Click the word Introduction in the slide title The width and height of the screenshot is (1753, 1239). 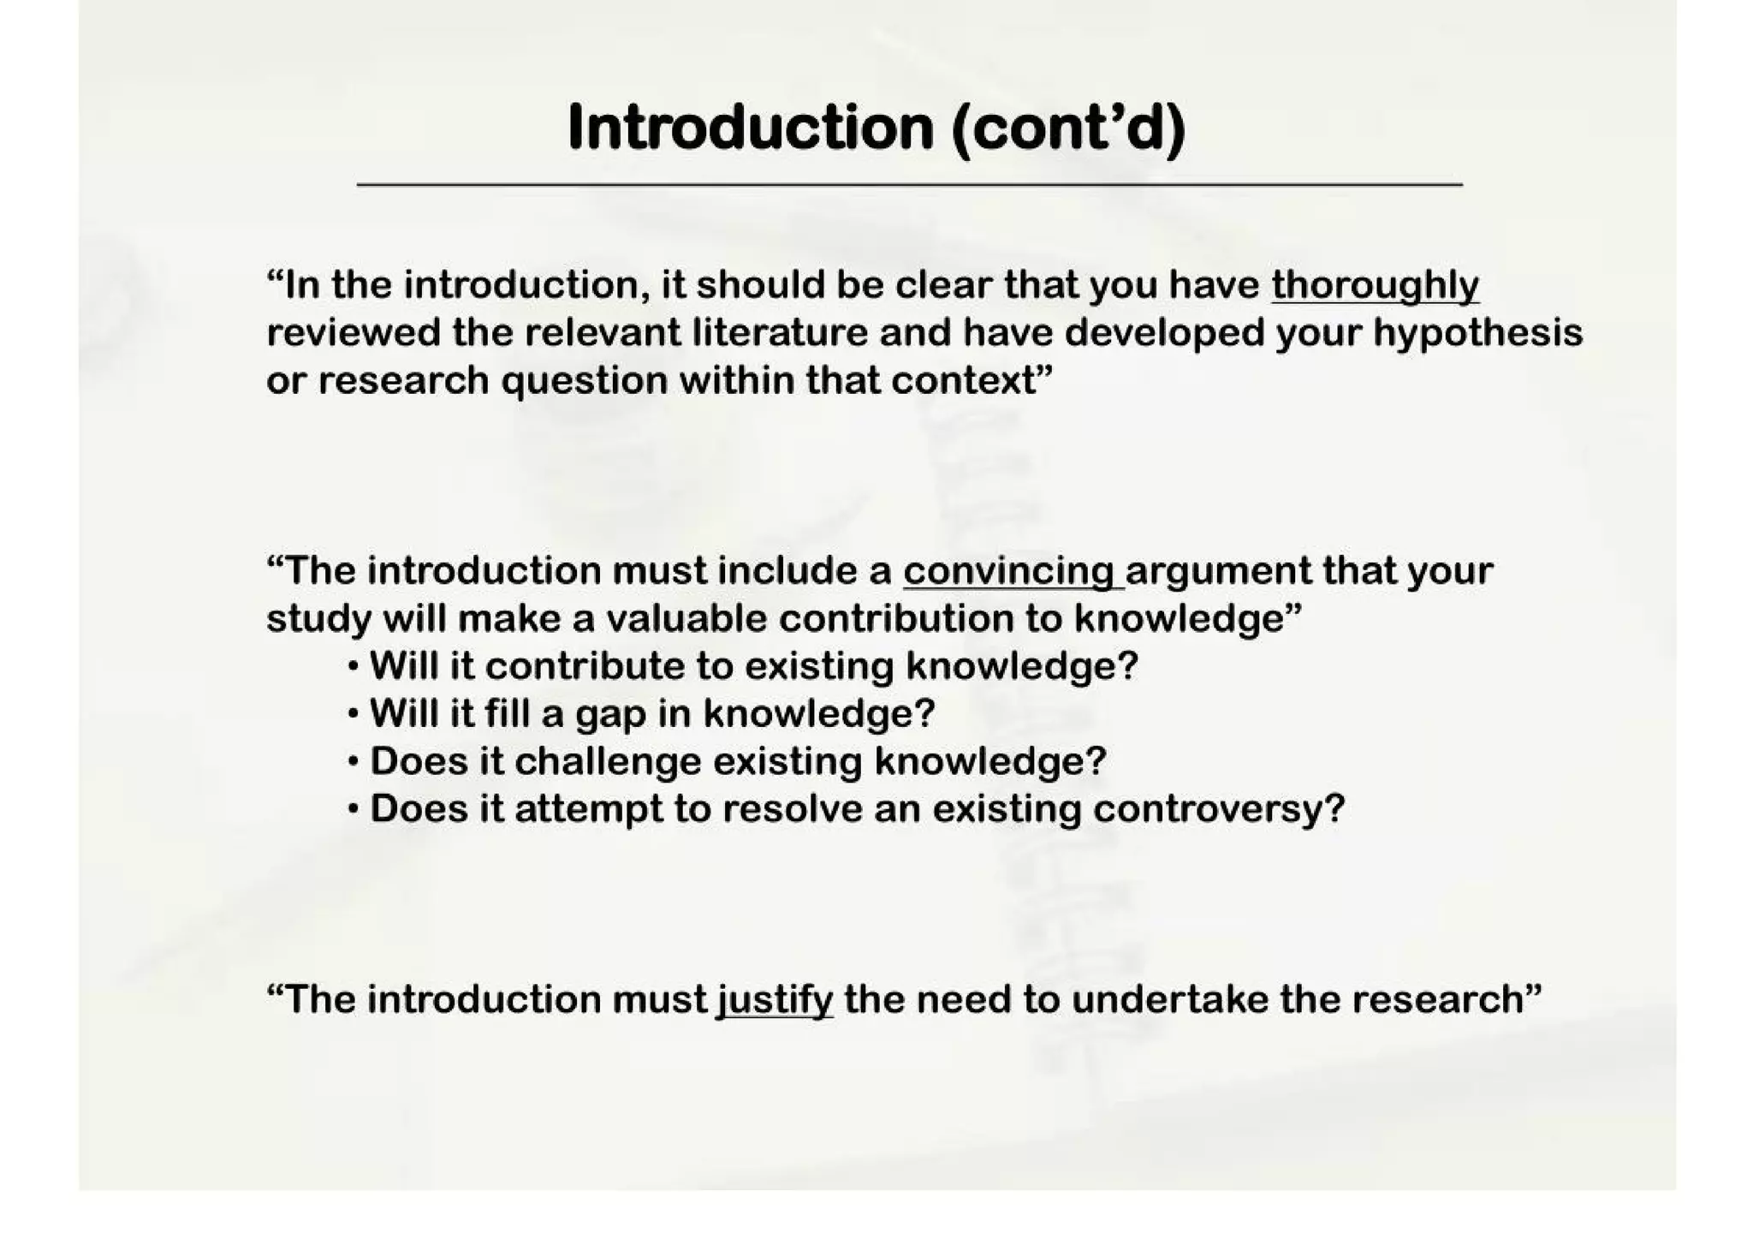tap(750, 128)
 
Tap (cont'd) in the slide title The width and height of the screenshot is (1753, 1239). tap(1067, 128)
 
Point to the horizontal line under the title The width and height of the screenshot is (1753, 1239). tap(909, 184)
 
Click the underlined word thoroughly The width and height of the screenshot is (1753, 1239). tap(1375, 286)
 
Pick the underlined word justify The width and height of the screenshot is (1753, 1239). tap(775, 1000)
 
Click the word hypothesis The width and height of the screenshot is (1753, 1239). tap(1477, 332)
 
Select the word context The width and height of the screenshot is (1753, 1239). tap(964, 380)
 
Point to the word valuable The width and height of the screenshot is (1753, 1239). tap(686, 618)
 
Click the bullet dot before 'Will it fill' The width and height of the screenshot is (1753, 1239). tap(354, 713)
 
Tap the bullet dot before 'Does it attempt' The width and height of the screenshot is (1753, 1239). tap(354, 809)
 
